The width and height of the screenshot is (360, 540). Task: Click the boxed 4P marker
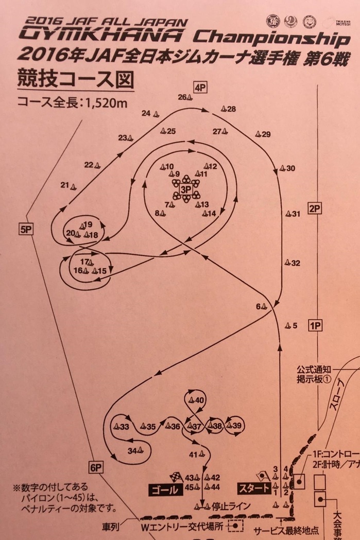pyautogui.click(x=200, y=88)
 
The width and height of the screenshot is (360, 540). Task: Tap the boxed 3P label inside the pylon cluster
pyautogui.click(x=185, y=190)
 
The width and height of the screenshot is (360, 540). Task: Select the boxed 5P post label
pyautogui.click(x=25, y=230)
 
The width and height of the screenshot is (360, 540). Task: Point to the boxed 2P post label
pyautogui.click(x=314, y=208)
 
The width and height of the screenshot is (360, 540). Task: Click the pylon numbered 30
pyautogui.click(x=283, y=169)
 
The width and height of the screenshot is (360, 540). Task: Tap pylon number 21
pyautogui.click(x=73, y=186)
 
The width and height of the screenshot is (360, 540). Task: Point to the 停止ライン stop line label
pyautogui.click(x=229, y=505)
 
